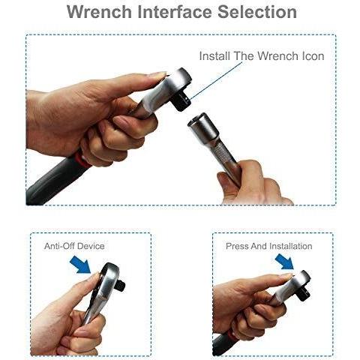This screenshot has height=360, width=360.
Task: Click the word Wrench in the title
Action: point(99,11)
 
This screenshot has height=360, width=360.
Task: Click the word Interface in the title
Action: point(175,11)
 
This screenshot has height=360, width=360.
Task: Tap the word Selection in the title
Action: point(257,11)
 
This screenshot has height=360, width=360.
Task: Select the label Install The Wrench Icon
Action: point(262,55)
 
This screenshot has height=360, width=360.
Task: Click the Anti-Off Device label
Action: point(74,246)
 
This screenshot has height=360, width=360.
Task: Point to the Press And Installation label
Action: point(269,246)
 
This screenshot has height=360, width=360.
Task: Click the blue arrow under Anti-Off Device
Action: point(80,265)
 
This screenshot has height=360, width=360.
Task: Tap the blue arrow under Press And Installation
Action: point(285,262)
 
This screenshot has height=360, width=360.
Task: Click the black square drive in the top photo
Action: point(180,101)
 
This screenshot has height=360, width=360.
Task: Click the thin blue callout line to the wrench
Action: point(216,81)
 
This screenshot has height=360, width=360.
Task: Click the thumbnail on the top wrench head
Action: point(159,75)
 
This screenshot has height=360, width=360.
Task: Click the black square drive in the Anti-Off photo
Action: point(121,286)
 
